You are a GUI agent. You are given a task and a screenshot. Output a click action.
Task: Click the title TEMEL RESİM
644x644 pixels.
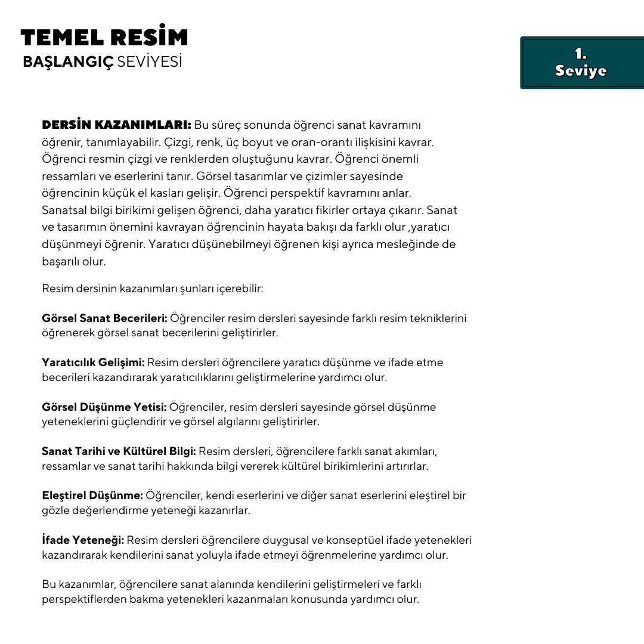[104, 38]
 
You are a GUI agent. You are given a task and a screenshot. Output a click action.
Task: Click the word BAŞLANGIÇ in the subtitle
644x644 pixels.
[67, 63]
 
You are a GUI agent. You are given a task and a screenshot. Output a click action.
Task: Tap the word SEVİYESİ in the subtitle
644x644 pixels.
[150, 63]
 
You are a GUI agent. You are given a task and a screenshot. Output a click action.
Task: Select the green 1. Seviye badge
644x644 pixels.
[581, 63]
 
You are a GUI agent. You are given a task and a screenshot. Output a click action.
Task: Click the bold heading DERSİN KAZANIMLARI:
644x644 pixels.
[116, 125]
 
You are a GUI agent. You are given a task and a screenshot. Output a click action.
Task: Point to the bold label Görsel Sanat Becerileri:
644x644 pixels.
[104, 318]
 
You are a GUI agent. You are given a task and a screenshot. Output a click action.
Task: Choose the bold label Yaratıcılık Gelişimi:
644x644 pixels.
[93, 363]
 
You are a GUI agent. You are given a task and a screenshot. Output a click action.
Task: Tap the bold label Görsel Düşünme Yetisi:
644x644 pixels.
[104, 407]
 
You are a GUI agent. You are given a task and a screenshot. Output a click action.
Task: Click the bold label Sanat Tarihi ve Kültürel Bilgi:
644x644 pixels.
[119, 451]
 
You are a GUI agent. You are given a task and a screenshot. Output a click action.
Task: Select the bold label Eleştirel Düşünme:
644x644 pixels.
[92, 496]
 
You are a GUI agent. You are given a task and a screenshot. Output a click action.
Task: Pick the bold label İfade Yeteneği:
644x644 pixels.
[83, 540]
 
